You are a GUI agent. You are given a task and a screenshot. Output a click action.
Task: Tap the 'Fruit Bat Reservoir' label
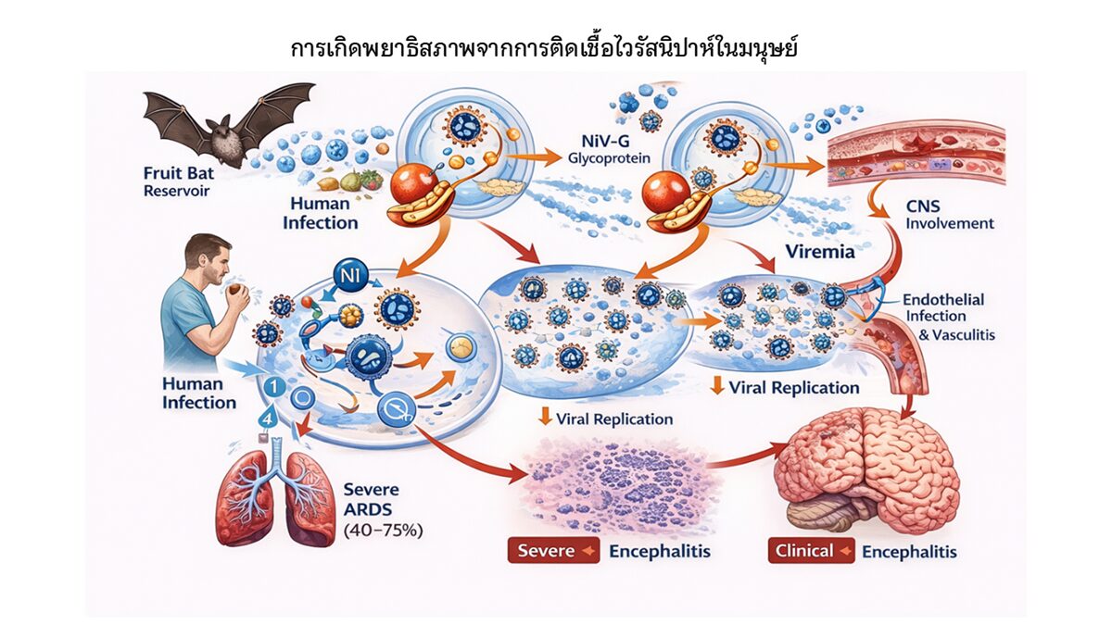pyautogui.click(x=177, y=181)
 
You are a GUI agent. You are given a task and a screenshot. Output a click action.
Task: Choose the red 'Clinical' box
pyautogui.click(x=810, y=552)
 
